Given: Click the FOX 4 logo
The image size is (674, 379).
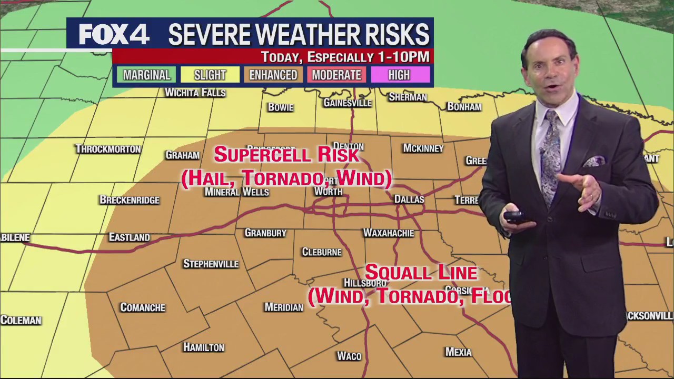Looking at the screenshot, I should [114, 35].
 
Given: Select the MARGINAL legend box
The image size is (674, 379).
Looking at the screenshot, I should [146, 75].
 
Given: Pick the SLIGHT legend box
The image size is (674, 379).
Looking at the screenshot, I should [210, 75].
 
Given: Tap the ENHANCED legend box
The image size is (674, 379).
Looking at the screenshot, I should [273, 75].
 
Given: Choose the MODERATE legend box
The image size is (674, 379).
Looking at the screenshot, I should [336, 75].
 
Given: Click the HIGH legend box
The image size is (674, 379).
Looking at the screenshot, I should [399, 75].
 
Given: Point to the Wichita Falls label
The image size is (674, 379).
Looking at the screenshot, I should [195, 93].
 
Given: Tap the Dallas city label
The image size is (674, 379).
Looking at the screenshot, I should [409, 200].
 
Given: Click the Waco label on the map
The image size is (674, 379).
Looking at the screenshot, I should [349, 356].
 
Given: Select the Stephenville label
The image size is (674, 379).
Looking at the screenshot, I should [211, 264].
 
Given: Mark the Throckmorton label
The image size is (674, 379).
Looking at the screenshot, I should [108, 149].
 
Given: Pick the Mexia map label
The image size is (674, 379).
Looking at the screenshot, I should [458, 352].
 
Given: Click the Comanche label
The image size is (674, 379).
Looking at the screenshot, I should [143, 307].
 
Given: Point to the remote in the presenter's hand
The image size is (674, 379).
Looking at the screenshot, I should [513, 216].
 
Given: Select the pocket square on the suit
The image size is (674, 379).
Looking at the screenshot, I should [594, 161].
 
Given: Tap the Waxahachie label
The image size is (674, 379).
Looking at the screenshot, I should [389, 233].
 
